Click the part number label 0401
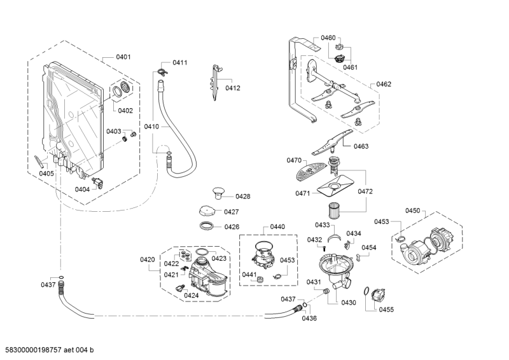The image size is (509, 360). (123, 57)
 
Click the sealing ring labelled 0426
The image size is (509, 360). (207, 226)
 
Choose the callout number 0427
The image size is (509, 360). (230, 212)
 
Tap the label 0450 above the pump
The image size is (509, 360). (414, 211)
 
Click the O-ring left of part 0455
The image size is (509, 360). (365, 292)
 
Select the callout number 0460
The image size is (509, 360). (328, 38)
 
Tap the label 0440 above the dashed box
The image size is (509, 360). (277, 226)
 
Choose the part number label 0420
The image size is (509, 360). (147, 260)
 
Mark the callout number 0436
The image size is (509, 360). (309, 318)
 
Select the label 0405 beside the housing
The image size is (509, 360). (46, 173)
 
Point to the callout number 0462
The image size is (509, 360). (384, 84)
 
